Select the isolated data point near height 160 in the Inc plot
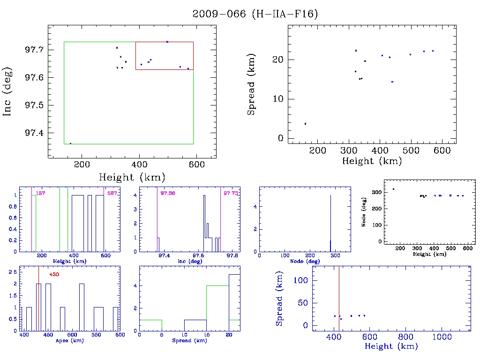click(70, 143)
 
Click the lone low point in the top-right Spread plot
click(305, 124)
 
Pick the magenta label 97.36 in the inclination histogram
click(168, 194)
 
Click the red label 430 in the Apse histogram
click(54, 274)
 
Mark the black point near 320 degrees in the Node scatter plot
click(393, 189)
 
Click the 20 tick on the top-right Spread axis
click(280, 60)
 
